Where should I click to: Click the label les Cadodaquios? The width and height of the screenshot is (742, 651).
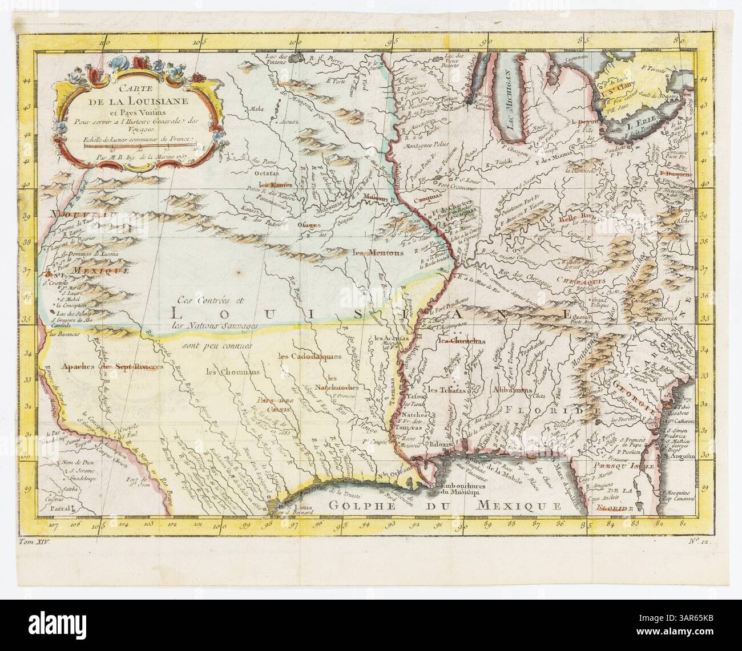pos(309,356)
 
